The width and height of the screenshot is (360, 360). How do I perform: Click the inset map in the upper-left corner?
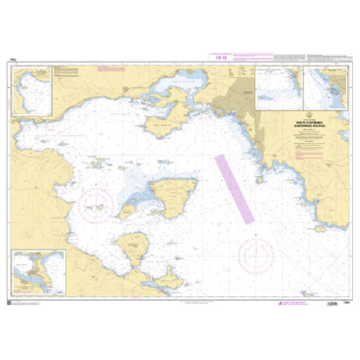click(x=31, y=90)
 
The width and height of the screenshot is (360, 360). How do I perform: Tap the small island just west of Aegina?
click(x=127, y=210)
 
